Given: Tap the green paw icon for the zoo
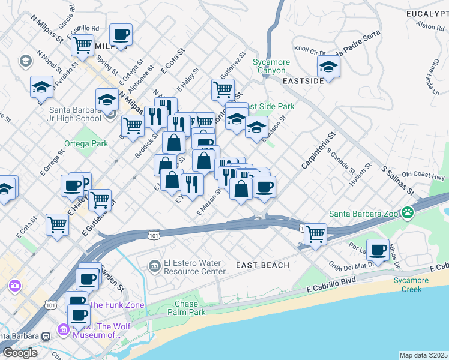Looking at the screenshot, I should pos(408,212).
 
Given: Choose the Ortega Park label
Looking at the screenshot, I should pos(86,143).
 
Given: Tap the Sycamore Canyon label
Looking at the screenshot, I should pos(271,66).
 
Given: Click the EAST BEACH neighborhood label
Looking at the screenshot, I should pos(262,265).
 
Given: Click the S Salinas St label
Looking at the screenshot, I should pos(398,180).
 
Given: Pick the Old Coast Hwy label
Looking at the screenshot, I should pos(423,175).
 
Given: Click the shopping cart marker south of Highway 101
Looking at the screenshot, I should pos(315,233).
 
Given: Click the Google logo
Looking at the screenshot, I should pos(20,353).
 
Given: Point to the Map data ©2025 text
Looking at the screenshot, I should pos(424,355).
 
